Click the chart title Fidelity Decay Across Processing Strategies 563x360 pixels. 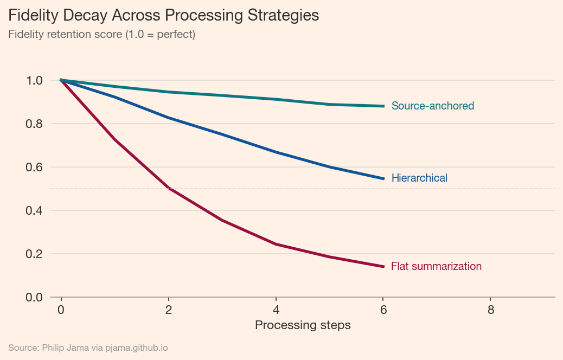tap(163, 15)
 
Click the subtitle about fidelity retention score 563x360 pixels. tap(101, 34)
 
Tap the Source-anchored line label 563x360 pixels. tap(432, 106)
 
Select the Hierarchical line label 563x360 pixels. tap(419, 178)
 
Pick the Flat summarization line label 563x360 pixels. tap(436, 266)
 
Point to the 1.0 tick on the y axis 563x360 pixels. tap(34, 80)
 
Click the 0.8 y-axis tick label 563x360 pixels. tap(34, 124)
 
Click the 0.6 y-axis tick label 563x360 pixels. tap(34, 167)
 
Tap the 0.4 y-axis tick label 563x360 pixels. tap(34, 210)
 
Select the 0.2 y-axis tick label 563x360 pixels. tap(34, 254)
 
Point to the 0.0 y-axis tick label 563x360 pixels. tap(34, 297)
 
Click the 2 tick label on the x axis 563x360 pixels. tap(169, 310)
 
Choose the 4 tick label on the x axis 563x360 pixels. tap(276, 310)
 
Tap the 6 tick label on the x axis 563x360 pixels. tap(383, 310)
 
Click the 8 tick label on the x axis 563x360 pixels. tap(491, 310)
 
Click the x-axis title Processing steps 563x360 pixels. tap(303, 325)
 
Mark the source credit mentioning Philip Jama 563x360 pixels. tap(88, 348)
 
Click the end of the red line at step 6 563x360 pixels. tap(383, 266)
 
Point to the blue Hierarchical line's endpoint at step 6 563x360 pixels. tap(383, 178)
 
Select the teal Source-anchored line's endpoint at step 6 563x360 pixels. tap(383, 106)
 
